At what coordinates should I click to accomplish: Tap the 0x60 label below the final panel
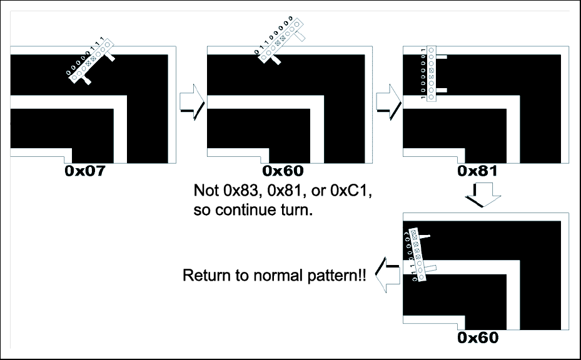pyautogui.click(x=478, y=338)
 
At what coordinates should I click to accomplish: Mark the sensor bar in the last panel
pyautogui.click(x=418, y=254)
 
